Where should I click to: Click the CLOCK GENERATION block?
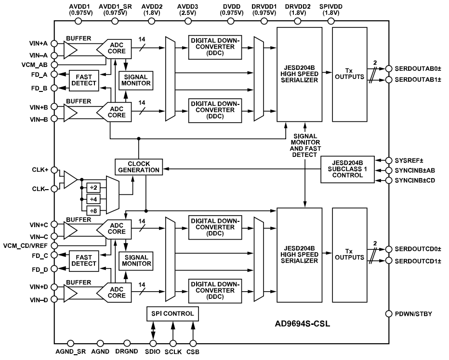139,167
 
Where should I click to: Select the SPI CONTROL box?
172,314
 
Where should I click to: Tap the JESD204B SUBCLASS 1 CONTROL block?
347,169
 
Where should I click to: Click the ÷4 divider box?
93,199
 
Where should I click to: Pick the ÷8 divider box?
93,211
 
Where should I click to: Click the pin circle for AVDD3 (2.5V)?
188,21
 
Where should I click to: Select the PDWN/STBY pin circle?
389,314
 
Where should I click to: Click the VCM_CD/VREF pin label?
25,246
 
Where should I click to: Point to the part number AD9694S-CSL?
303,323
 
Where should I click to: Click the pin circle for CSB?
193,344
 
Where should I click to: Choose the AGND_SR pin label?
70,352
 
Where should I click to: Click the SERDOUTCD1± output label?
418,261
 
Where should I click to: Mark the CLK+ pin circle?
54,170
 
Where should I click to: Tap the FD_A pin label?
39,75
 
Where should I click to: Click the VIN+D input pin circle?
54,287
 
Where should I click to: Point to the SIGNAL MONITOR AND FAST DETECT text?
305,145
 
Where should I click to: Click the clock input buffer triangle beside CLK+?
70,180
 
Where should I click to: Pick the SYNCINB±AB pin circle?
389,170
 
